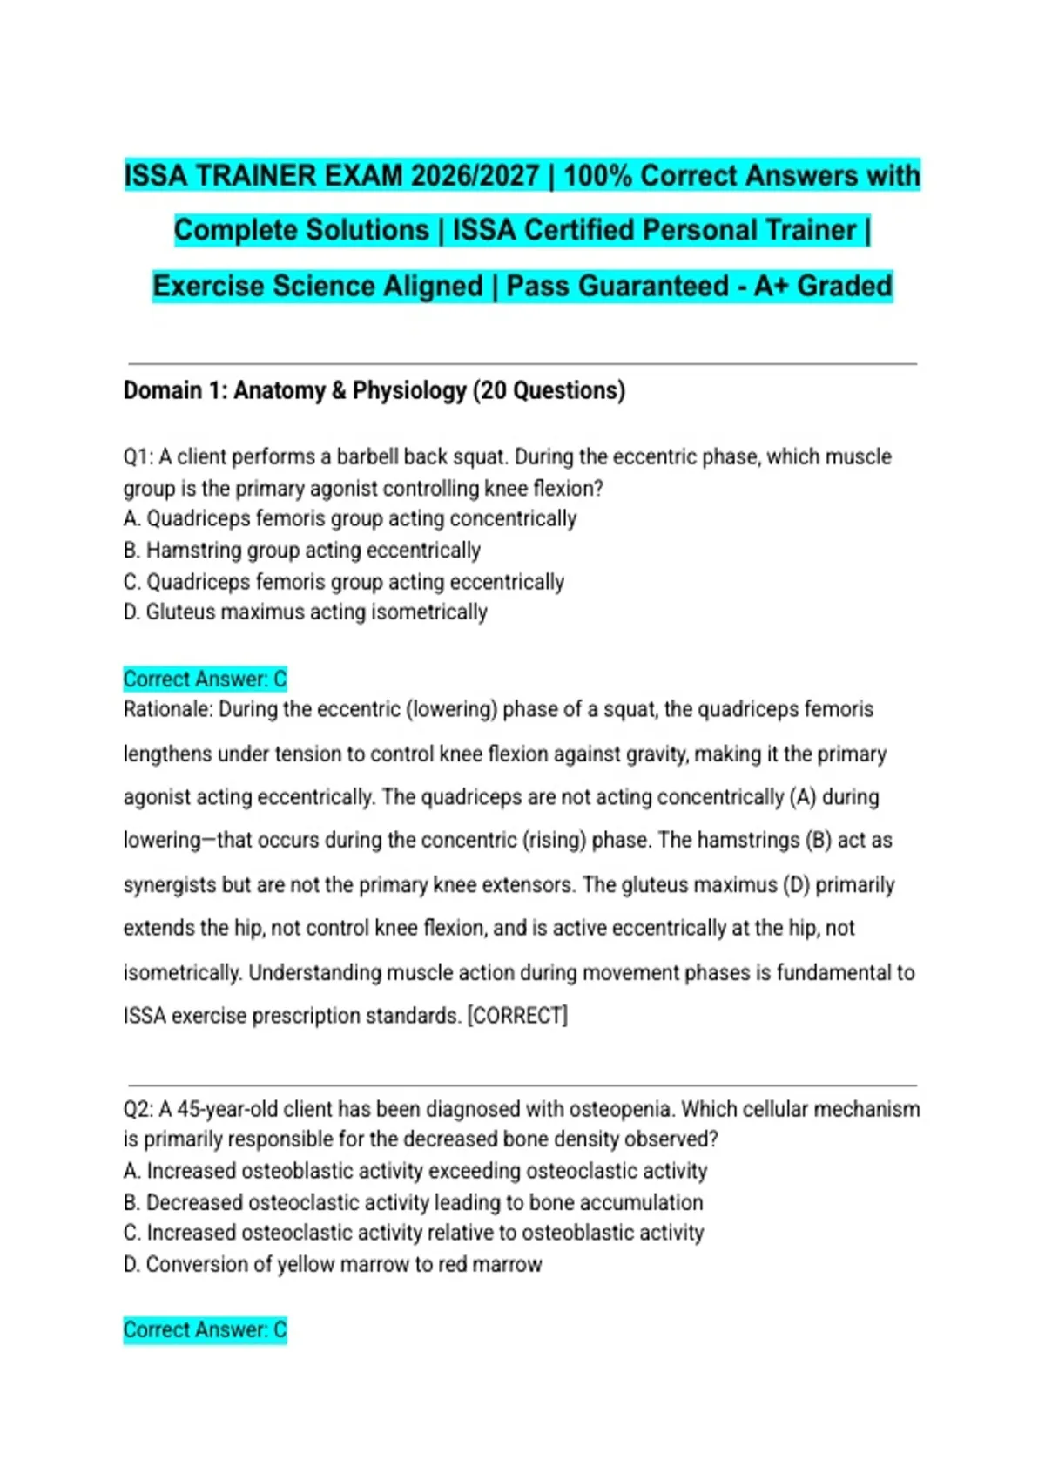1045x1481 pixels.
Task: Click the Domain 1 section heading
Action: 374,390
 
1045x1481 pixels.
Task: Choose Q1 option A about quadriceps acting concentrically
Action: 350,519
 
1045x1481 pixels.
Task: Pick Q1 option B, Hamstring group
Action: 302,551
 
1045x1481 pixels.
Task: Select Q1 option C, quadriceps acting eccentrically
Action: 344,582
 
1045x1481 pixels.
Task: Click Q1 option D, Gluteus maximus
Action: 305,612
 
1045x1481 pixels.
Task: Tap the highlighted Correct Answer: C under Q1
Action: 205,679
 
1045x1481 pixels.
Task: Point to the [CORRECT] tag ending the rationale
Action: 517,1016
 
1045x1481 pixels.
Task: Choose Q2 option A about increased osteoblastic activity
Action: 415,1171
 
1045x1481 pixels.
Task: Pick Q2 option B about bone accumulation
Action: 413,1202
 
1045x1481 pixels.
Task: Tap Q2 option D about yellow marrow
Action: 333,1264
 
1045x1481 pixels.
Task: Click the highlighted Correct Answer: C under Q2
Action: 205,1329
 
